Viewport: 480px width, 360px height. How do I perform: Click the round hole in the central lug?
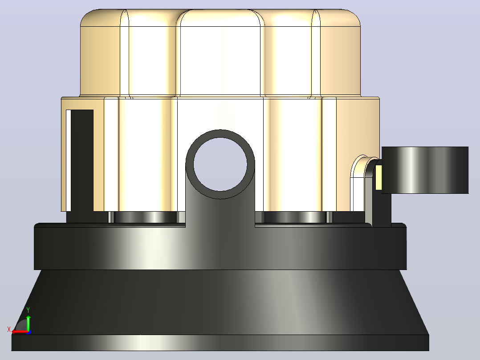click(x=220, y=164)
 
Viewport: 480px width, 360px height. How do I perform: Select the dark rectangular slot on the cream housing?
click(x=82, y=160)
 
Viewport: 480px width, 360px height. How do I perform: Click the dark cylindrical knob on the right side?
click(x=425, y=170)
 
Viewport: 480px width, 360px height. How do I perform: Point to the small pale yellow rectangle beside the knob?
click(x=378, y=177)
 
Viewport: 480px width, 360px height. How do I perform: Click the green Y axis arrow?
click(x=28, y=322)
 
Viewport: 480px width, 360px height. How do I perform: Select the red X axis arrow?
click(x=20, y=331)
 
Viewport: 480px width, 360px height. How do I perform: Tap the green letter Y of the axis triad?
click(x=28, y=310)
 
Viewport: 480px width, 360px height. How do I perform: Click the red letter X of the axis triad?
click(x=9, y=330)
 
